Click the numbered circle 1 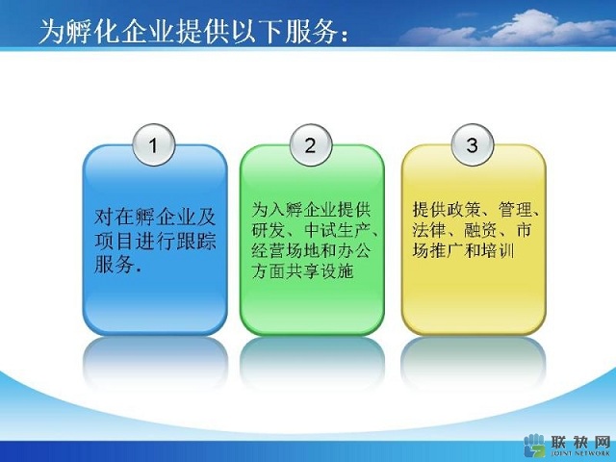point(154,145)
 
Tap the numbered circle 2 point(311,145)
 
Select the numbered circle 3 point(473,145)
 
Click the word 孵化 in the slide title point(92,31)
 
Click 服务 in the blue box point(114,264)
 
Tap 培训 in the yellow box point(499,250)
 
